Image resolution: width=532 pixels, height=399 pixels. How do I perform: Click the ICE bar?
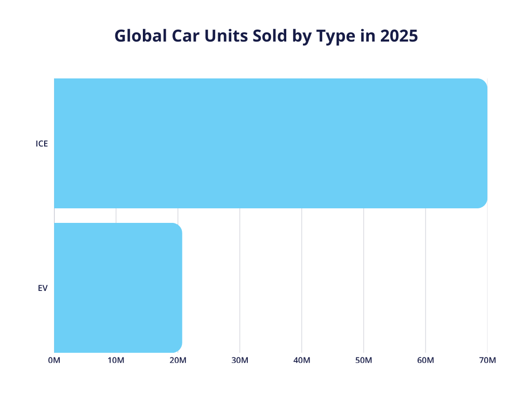click(x=270, y=143)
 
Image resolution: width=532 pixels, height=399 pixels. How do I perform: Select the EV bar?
click(x=118, y=287)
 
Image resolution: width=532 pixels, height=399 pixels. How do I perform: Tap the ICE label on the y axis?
click(x=42, y=144)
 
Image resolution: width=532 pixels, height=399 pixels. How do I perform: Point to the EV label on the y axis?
click(x=43, y=288)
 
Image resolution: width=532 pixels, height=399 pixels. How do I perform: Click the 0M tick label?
click(x=54, y=361)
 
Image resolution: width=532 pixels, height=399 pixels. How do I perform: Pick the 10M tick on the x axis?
click(x=116, y=361)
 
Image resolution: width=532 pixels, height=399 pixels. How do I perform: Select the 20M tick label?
click(x=178, y=361)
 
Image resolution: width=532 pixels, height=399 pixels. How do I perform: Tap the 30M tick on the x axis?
click(x=240, y=361)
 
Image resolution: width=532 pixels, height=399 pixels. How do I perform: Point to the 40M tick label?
click(x=301, y=361)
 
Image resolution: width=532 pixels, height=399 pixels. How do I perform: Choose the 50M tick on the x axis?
click(x=364, y=361)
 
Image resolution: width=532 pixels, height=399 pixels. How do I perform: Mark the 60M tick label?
click(x=425, y=361)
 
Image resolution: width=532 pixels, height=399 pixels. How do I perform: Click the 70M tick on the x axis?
click(x=487, y=361)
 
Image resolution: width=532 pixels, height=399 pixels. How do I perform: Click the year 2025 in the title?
click(x=398, y=36)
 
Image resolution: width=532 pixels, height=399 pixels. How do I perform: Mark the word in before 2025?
click(x=365, y=36)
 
